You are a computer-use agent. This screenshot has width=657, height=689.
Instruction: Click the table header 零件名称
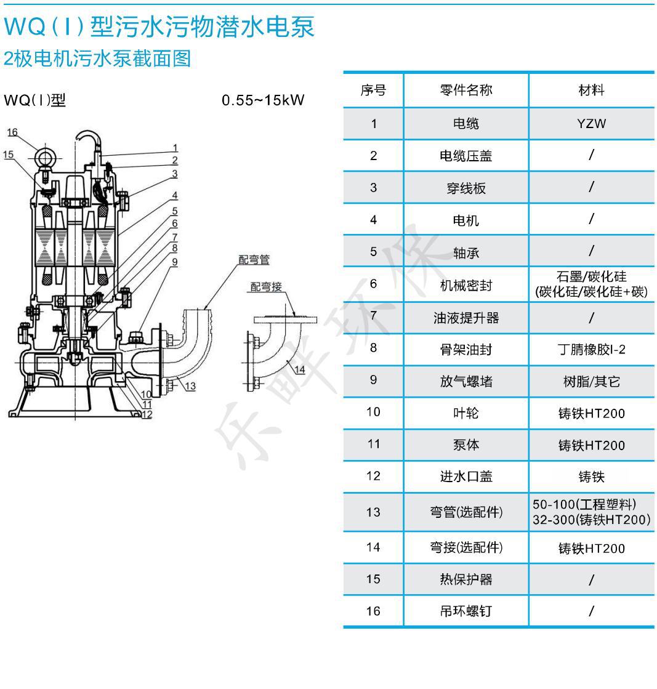(466, 90)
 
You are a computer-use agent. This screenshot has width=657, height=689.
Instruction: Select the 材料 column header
(592, 90)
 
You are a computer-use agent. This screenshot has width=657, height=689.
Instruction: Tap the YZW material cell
(592, 124)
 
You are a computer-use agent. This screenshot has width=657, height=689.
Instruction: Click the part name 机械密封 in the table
(466, 286)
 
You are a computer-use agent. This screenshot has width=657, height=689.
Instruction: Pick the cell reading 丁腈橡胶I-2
(592, 349)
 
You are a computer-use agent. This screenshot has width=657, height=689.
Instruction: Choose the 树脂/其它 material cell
(592, 381)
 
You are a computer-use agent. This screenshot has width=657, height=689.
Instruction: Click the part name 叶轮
(466, 413)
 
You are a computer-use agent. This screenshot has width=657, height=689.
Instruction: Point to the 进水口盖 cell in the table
(466, 477)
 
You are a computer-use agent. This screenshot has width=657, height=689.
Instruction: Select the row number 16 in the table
(373, 611)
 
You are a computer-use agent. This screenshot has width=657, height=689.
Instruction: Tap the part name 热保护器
(466, 579)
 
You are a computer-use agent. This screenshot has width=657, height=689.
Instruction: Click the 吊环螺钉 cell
(466, 611)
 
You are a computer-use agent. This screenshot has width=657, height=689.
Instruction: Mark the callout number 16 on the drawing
(12, 132)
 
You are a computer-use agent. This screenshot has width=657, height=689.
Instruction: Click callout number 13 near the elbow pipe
(190, 386)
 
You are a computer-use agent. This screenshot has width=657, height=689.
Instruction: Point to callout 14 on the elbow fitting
(300, 369)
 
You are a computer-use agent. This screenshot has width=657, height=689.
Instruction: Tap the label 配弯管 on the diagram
(254, 260)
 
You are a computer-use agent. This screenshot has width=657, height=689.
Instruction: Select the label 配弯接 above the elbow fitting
(266, 287)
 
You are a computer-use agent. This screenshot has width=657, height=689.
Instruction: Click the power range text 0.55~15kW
(263, 100)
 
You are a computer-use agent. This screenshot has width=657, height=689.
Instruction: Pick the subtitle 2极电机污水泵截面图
(97, 58)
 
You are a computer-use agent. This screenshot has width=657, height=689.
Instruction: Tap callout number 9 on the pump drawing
(175, 262)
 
